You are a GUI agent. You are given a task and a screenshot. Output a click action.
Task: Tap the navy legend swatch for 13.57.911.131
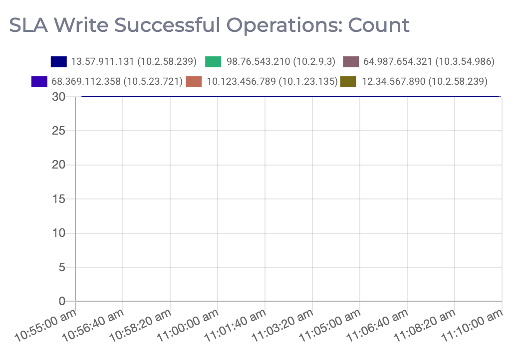58,62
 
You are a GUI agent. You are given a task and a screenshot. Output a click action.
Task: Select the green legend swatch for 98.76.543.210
214,62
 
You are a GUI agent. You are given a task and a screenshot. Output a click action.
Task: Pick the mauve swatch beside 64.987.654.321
351,62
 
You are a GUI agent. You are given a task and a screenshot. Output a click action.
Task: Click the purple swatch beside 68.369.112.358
39,81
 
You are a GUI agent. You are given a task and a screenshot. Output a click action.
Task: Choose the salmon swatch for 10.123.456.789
194,81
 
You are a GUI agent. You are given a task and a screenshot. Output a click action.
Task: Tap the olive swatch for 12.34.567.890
348,81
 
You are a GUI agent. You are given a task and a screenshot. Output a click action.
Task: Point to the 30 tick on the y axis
59,97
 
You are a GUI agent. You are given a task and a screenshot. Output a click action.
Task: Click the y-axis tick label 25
59,131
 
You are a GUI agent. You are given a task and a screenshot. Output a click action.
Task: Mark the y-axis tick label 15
59,199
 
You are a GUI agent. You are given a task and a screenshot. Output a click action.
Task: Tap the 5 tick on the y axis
62,267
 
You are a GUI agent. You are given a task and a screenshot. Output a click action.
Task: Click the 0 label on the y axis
62,301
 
